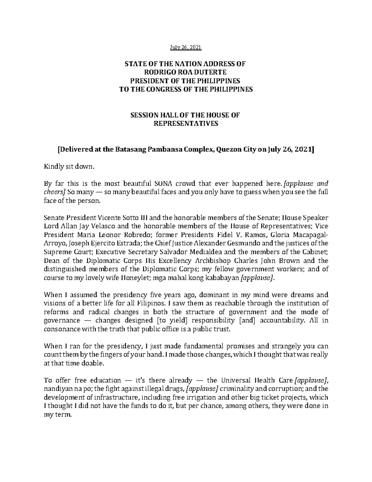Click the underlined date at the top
coord(186,47)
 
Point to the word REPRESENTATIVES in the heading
coord(186,124)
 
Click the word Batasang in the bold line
coord(131,150)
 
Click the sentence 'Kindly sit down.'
coord(69,167)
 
